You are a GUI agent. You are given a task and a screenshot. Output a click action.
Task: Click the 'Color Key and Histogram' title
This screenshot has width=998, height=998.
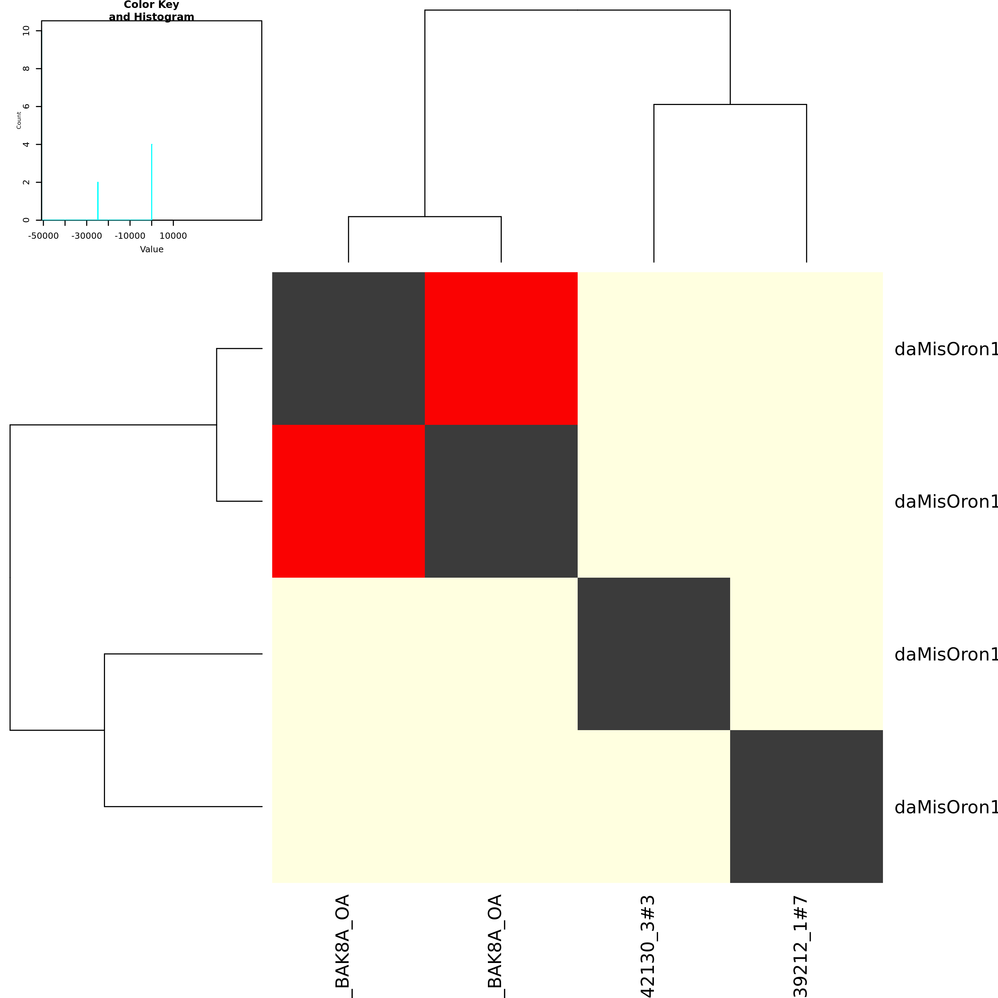(151, 11)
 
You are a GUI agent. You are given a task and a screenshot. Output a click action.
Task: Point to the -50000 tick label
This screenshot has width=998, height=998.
(43, 236)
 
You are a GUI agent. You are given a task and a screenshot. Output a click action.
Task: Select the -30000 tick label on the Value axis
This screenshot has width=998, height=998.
(86, 236)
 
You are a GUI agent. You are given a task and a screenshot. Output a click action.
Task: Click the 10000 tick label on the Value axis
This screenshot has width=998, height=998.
(173, 236)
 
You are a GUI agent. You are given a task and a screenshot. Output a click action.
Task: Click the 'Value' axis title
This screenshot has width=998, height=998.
(151, 249)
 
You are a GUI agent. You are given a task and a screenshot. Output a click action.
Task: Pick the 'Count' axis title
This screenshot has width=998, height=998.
(19, 120)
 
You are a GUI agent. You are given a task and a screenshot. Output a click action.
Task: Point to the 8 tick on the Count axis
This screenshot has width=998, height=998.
(26, 69)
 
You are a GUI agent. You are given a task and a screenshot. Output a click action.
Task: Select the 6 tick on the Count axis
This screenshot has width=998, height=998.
(26, 106)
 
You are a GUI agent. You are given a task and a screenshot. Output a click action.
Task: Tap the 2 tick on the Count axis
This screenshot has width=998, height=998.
(26, 182)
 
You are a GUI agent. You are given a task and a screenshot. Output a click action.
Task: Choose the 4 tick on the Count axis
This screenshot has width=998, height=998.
(26, 145)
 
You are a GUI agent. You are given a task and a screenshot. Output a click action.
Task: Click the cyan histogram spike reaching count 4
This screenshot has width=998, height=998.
(151, 181)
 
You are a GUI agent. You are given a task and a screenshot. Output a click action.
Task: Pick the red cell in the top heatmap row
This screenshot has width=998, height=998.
(501, 348)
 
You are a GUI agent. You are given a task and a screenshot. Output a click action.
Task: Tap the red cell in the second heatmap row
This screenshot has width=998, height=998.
(348, 501)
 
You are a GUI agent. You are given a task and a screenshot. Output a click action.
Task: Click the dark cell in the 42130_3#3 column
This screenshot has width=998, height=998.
(654, 654)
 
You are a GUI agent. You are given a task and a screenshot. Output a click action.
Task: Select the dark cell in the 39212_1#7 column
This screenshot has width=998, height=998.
(806, 806)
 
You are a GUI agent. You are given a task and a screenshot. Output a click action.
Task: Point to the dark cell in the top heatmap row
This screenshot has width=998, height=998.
(348, 348)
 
